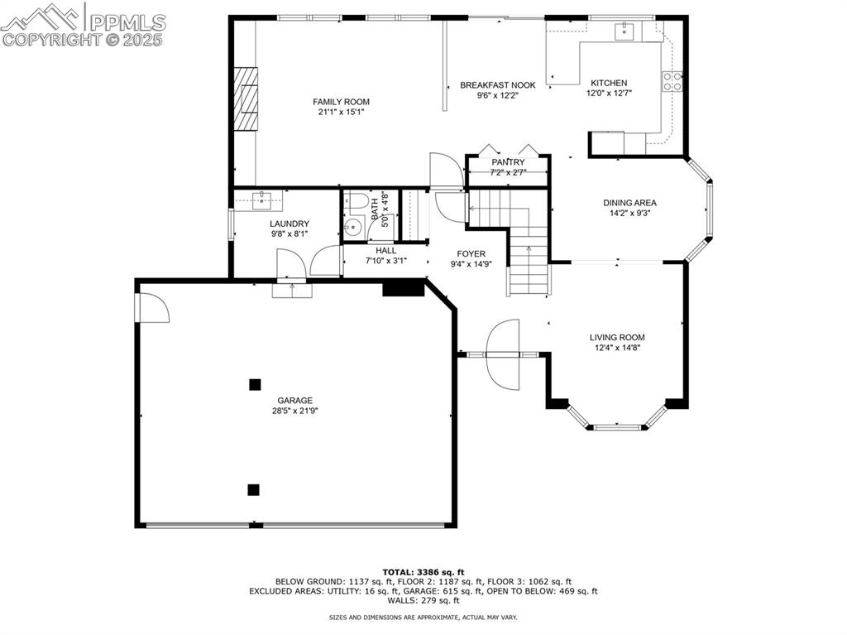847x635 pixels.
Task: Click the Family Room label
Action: click(341, 101)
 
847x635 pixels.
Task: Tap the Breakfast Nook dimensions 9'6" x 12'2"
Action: click(497, 95)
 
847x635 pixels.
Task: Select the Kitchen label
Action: click(608, 83)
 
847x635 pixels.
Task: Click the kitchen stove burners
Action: click(672, 81)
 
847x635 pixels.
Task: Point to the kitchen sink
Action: click(624, 31)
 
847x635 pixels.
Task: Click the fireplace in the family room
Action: click(245, 99)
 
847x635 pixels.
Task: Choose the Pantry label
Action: click(508, 162)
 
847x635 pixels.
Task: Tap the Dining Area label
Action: click(629, 202)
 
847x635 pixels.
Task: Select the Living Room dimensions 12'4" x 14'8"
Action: click(616, 348)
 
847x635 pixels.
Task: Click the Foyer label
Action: click(471, 253)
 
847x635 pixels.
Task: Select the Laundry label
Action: click(290, 224)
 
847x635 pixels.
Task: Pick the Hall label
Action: click(385, 250)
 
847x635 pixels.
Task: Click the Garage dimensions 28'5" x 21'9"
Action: click(295, 411)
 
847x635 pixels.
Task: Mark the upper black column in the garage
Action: click(255, 384)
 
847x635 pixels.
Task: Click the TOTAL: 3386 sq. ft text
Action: click(423, 572)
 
